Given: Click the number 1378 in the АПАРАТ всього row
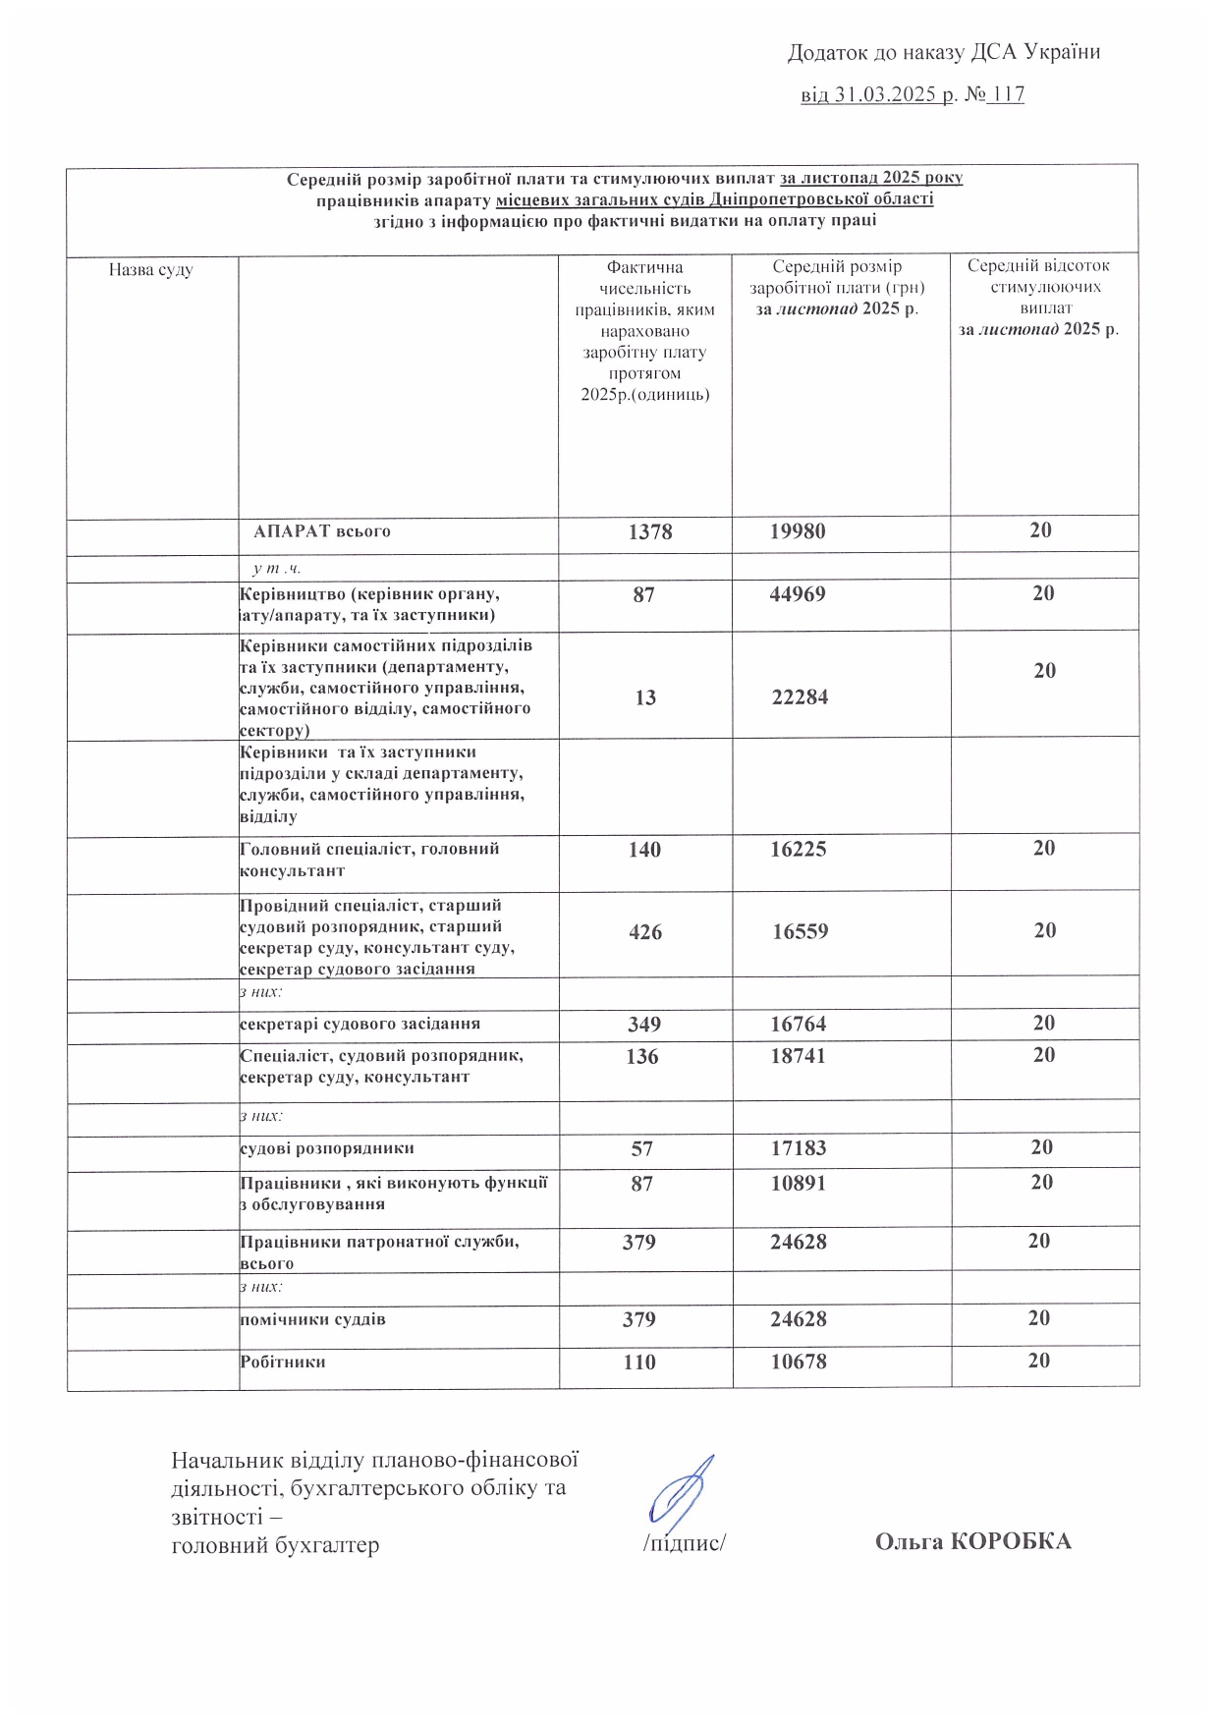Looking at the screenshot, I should coord(650,532).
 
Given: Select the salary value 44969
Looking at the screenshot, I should coord(798,594).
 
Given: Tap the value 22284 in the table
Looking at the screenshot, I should coord(800,697).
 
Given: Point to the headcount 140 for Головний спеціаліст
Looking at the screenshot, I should coord(644,850).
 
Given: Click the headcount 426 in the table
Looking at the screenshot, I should coord(645,932).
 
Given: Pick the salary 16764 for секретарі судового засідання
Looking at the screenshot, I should coord(798,1025).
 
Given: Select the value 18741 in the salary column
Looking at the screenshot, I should coord(798,1057).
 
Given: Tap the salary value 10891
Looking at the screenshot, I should coord(798,1184).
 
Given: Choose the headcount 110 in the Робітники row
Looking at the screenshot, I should coord(639,1363).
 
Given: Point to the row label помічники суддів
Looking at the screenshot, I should coord(313,1319).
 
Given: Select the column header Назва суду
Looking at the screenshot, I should coord(151,270).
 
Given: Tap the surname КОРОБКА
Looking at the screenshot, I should coord(1011,1541).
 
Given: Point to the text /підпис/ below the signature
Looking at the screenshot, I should coord(684,1543).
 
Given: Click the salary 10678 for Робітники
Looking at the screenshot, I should coord(798,1363).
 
